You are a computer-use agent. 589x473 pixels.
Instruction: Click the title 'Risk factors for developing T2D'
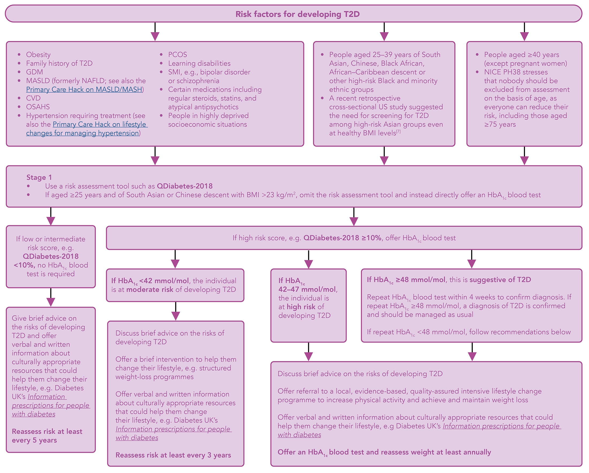297,14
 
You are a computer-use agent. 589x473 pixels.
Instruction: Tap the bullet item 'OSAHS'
38,107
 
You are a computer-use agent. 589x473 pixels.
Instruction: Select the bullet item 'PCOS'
178,55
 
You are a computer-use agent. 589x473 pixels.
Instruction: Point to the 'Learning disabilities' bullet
199,63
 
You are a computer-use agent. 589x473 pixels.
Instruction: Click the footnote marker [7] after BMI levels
398,132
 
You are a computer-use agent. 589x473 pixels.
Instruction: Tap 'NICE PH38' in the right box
499,72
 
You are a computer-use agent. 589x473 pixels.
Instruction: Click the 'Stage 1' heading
39,177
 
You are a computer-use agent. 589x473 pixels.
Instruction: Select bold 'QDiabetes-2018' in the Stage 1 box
185,186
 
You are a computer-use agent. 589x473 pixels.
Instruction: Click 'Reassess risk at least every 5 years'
47,436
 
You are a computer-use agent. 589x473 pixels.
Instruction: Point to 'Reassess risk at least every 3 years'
173,455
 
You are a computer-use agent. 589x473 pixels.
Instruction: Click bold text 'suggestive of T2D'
500,280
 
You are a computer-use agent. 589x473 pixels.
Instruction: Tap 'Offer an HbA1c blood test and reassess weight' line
384,452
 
